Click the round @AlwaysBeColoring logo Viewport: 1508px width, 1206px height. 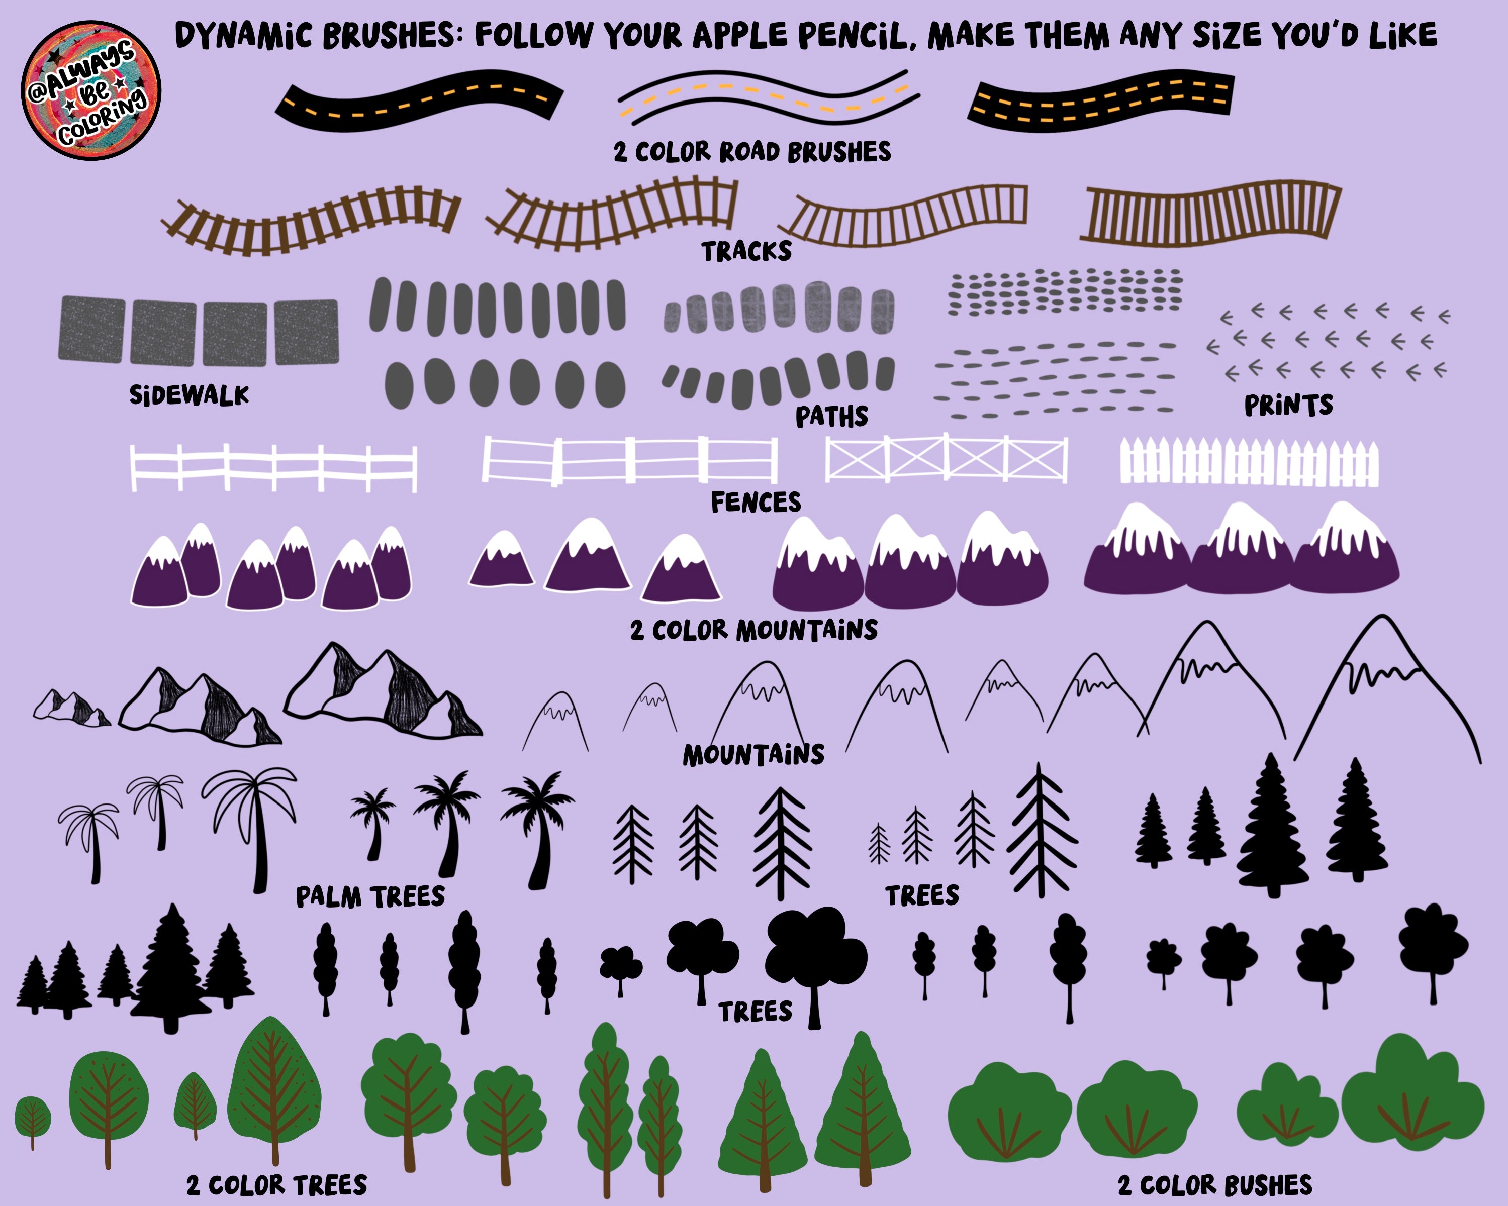click(91, 89)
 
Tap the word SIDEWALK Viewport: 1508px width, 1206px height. click(190, 395)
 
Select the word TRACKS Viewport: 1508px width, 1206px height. click(747, 251)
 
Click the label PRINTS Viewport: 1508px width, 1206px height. click(1288, 406)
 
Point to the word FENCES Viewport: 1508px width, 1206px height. click(756, 502)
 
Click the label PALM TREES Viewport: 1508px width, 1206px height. click(370, 896)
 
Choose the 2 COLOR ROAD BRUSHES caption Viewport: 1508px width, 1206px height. click(752, 152)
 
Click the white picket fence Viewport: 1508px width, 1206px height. click(1249, 461)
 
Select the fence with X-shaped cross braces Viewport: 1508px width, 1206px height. click(947, 459)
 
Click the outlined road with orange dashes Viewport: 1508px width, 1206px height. click(768, 97)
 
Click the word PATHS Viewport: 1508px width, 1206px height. click(831, 417)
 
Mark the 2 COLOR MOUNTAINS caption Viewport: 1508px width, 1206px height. click(754, 630)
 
